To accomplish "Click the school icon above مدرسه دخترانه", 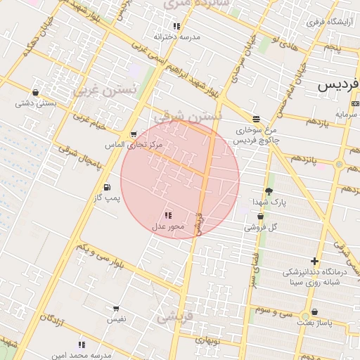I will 176,26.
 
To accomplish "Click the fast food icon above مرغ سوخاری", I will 256,119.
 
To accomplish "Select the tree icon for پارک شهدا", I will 269,191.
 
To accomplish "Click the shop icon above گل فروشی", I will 261,217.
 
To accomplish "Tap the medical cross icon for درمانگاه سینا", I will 314,262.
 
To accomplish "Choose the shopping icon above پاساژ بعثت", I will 314,311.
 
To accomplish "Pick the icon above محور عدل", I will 168,215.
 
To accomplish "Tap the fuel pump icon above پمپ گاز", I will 107,187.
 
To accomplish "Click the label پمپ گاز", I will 108,198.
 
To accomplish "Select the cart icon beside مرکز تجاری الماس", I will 133,134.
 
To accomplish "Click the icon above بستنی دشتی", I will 35,92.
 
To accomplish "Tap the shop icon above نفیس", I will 116,308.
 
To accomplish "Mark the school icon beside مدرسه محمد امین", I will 82,345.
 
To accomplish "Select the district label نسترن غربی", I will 98,90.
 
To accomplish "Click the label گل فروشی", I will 261,227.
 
